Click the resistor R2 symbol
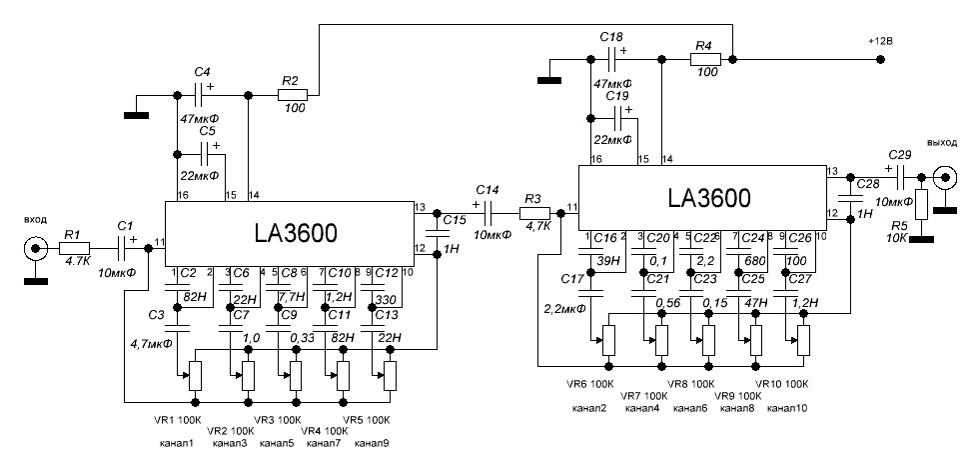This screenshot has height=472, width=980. [292, 96]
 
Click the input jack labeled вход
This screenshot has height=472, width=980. [37, 247]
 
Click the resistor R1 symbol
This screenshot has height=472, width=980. [74, 247]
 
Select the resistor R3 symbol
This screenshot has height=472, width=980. [534, 213]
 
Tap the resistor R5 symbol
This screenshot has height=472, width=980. [921, 202]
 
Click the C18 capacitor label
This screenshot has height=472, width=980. [611, 36]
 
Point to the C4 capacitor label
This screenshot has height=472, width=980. [202, 72]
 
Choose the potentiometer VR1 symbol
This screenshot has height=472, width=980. [195, 376]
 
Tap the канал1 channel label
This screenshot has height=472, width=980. [181, 441]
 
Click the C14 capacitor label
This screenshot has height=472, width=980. [488, 189]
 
